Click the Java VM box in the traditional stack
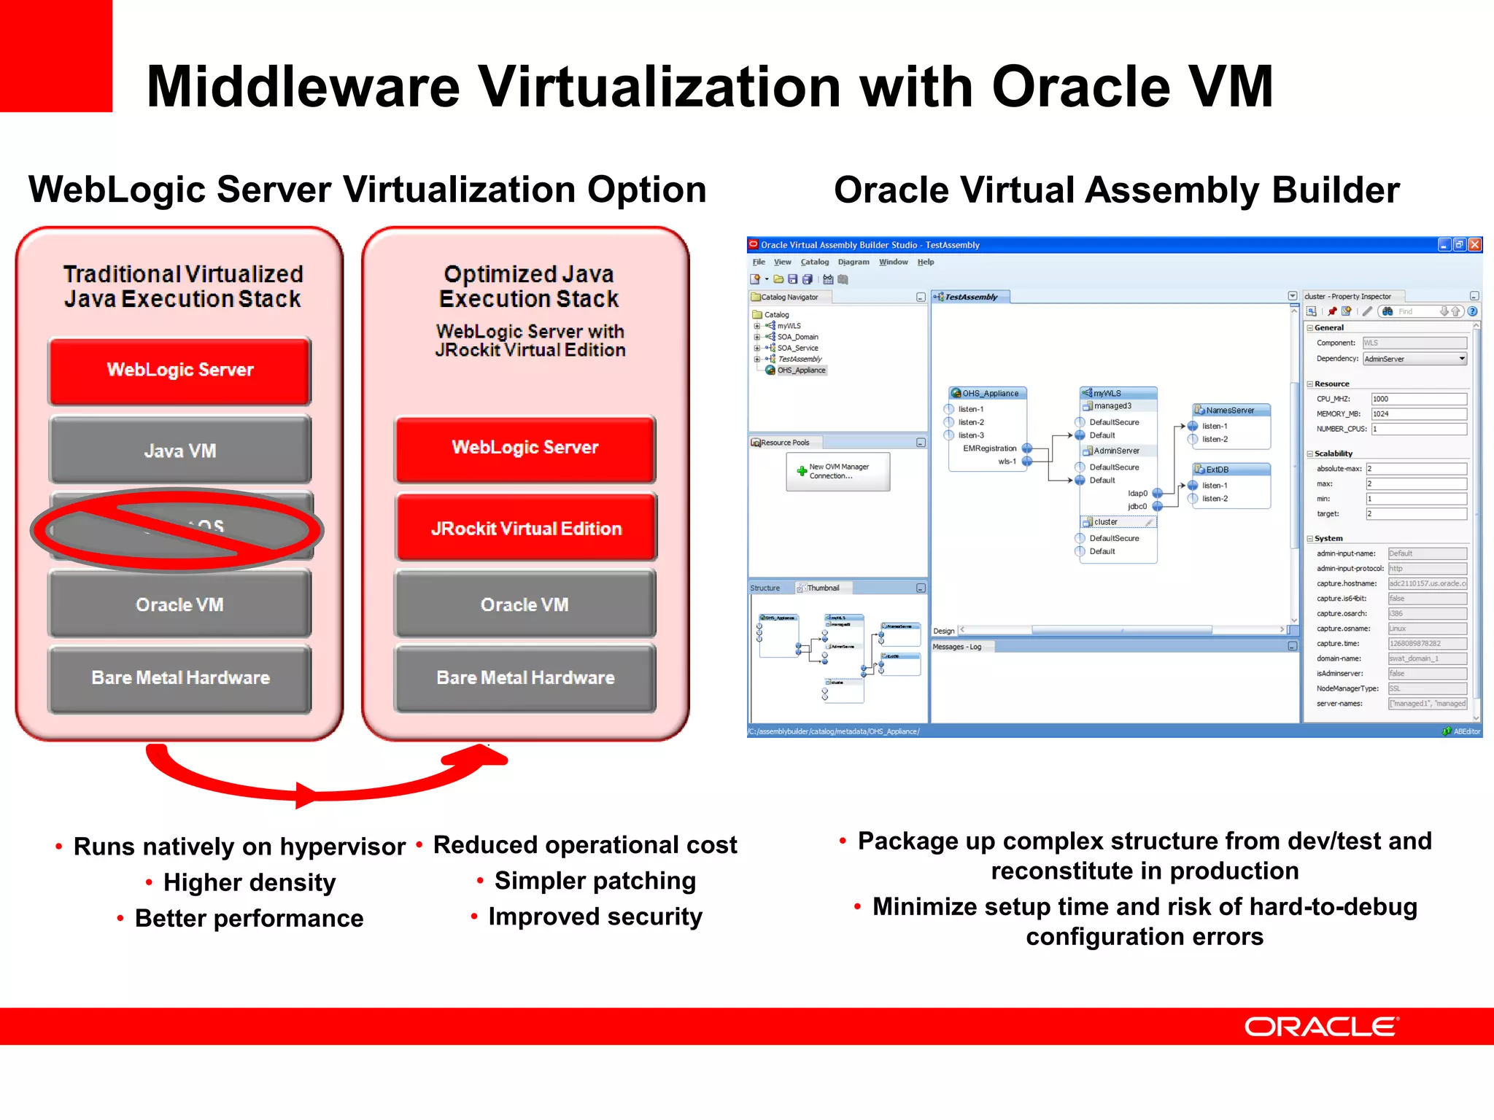180,450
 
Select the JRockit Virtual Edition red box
525,528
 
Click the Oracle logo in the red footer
1320,1027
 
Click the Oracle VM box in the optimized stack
525,604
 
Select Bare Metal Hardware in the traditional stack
180,677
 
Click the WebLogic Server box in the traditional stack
180,370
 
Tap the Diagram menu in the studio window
854,262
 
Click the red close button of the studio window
1474,245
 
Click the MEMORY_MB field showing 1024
1418,414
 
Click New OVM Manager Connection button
837,471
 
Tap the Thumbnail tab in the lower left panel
823,588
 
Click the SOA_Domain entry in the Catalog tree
797,337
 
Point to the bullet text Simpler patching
595,881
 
